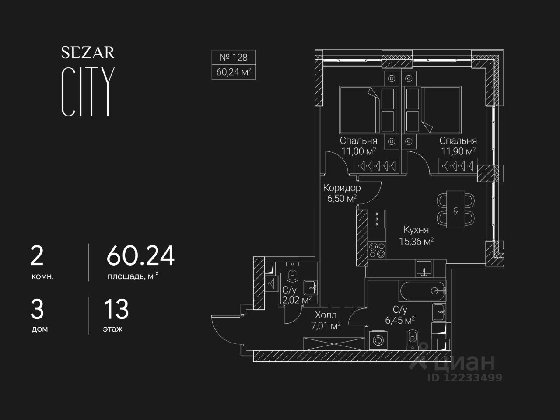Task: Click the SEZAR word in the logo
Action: (x=87, y=53)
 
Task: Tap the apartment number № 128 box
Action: (x=234, y=57)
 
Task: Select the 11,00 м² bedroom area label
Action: (x=359, y=151)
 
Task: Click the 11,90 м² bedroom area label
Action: (x=458, y=151)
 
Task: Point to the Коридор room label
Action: (x=342, y=188)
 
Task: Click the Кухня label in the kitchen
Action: (x=416, y=230)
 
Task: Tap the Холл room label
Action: (x=325, y=315)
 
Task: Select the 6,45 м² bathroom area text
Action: (x=399, y=320)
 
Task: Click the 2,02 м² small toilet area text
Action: (x=297, y=300)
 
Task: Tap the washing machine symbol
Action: (x=377, y=340)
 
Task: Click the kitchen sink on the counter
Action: (x=423, y=268)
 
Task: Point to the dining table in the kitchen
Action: (x=456, y=210)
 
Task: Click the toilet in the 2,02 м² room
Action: (x=292, y=273)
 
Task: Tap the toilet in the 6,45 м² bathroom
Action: (x=413, y=339)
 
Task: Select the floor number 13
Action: (x=116, y=309)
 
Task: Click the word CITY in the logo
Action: (x=88, y=92)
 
